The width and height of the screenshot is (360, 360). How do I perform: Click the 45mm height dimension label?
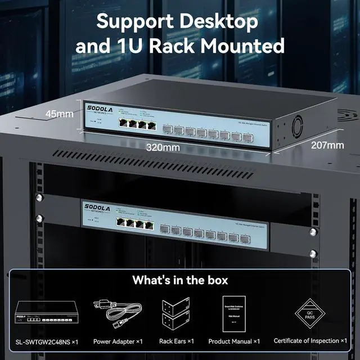coord(60,114)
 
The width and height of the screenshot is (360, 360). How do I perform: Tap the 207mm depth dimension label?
coord(327,146)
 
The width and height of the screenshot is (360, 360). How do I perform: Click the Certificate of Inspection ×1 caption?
coord(318,341)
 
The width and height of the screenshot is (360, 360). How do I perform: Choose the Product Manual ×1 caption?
coord(234,341)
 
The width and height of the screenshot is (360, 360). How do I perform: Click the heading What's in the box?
coord(179,280)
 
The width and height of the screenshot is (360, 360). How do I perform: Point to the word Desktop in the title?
coord(216,21)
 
